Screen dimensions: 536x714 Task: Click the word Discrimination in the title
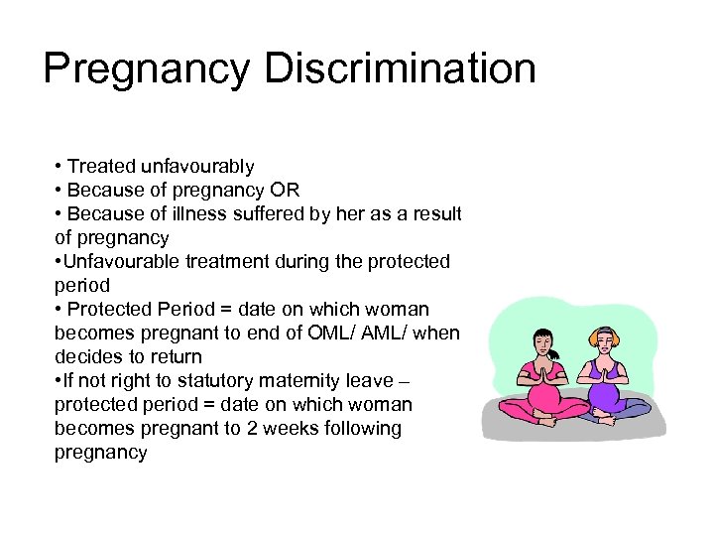(401, 68)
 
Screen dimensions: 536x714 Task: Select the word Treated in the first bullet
(98, 167)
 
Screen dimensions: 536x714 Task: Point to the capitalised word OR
(286, 191)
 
